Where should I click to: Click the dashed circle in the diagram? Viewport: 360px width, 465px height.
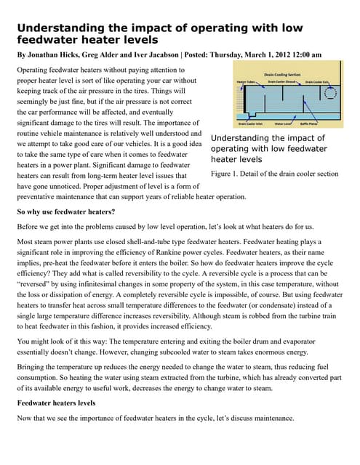(x=329, y=93)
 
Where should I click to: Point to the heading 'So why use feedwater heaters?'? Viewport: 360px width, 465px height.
(x=65, y=211)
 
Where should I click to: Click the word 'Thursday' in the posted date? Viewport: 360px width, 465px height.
(x=222, y=54)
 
